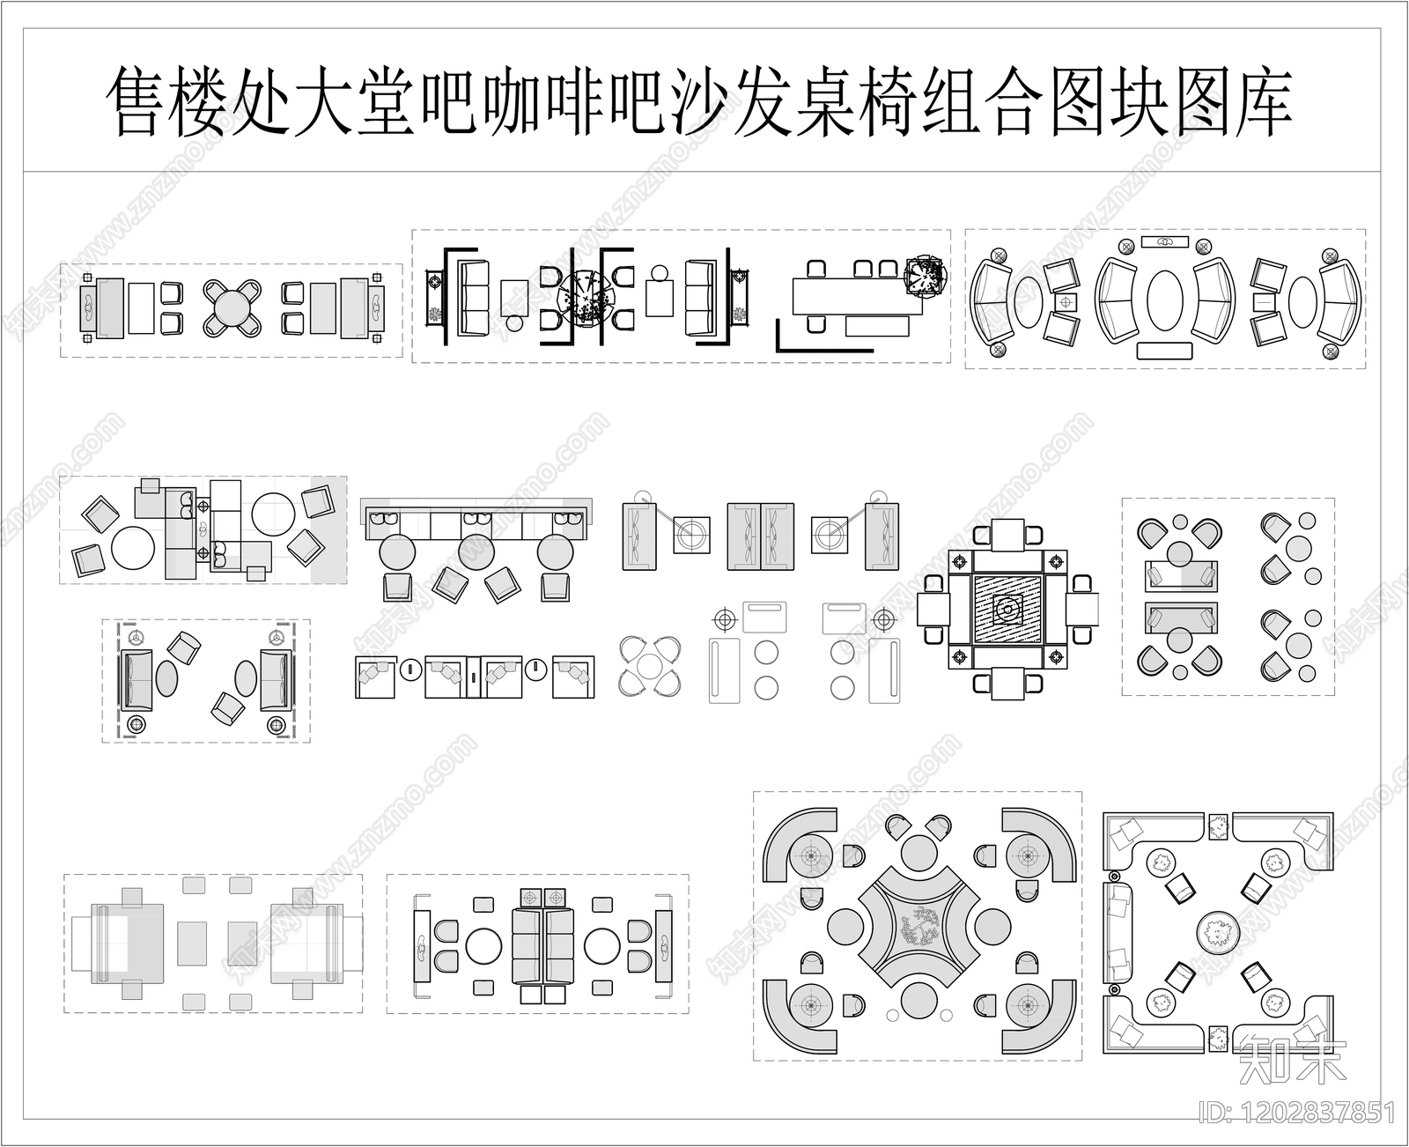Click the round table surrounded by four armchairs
[232, 307]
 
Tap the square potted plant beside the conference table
[926, 277]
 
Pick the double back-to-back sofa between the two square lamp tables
[761, 536]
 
